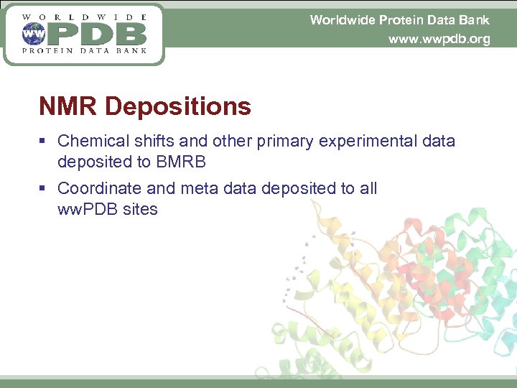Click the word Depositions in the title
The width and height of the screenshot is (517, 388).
[177, 107]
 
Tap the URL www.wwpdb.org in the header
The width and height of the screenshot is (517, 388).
[439, 39]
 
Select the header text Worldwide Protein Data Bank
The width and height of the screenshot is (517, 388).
[399, 19]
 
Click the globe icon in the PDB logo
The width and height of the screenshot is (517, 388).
[32, 33]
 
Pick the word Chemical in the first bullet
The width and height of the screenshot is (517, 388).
[88, 141]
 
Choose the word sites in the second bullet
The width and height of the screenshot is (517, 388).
[142, 209]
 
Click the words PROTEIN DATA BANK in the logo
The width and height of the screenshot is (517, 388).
[84, 50]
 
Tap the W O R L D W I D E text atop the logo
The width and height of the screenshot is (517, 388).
[84, 16]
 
